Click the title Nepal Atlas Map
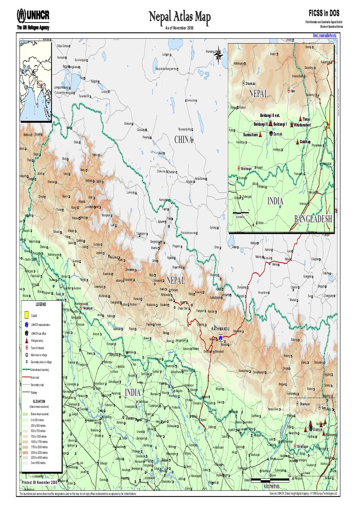point(179,16)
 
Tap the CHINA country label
point(183,140)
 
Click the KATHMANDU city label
point(220,329)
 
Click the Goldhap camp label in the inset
point(305,142)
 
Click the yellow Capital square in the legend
point(27,315)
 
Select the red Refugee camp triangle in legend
point(27,341)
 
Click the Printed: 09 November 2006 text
point(39,483)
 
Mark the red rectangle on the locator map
point(39,83)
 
